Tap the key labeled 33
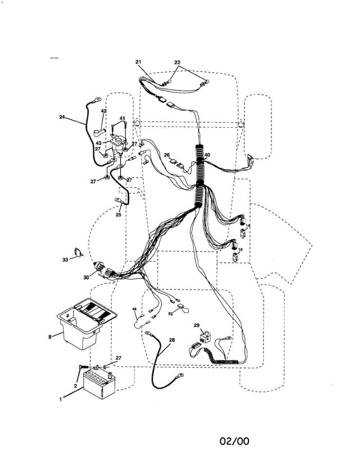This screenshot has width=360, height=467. click(79, 253)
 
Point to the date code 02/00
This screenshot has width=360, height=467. click(234, 441)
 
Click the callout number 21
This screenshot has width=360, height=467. click(139, 62)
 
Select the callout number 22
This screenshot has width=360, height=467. click(177, 62)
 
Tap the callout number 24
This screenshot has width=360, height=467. click(62, 116)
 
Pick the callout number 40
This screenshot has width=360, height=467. click(207, 155)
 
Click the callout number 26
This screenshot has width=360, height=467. click(167, 155)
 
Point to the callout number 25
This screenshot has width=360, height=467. click(118, 214)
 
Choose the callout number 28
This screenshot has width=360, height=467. click(172, 340)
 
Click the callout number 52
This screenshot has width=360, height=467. click(170, 313)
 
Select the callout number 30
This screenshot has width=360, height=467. click(86, 277)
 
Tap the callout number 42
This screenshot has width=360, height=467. click(104, 111)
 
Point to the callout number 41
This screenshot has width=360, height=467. click(122, 118)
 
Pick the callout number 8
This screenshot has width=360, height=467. click(50, 337)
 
